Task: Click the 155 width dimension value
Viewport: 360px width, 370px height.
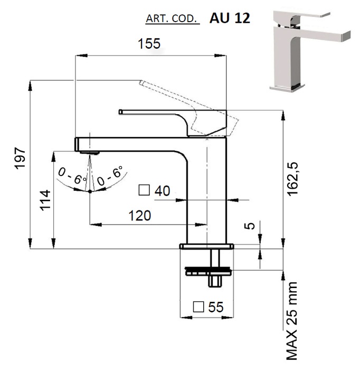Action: tap(149, 43)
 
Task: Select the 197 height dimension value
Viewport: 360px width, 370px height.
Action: tap(20, 159)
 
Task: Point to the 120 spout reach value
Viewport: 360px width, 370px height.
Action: tap(139, 215)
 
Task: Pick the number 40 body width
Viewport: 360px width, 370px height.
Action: tap(163, 191)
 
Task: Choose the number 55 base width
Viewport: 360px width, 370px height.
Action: tap(216, 307)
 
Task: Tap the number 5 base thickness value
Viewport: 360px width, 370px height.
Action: tap(251, 226)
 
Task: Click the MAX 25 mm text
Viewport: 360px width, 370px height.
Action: tap(292, 320)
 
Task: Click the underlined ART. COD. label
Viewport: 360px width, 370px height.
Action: tap(172, 20)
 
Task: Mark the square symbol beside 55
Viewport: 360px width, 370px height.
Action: tap(198, 306)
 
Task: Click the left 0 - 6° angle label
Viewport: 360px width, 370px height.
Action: tap(72, 176)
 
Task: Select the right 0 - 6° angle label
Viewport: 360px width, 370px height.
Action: tap(109, 176)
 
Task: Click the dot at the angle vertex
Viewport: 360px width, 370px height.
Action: tap(90, 191)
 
